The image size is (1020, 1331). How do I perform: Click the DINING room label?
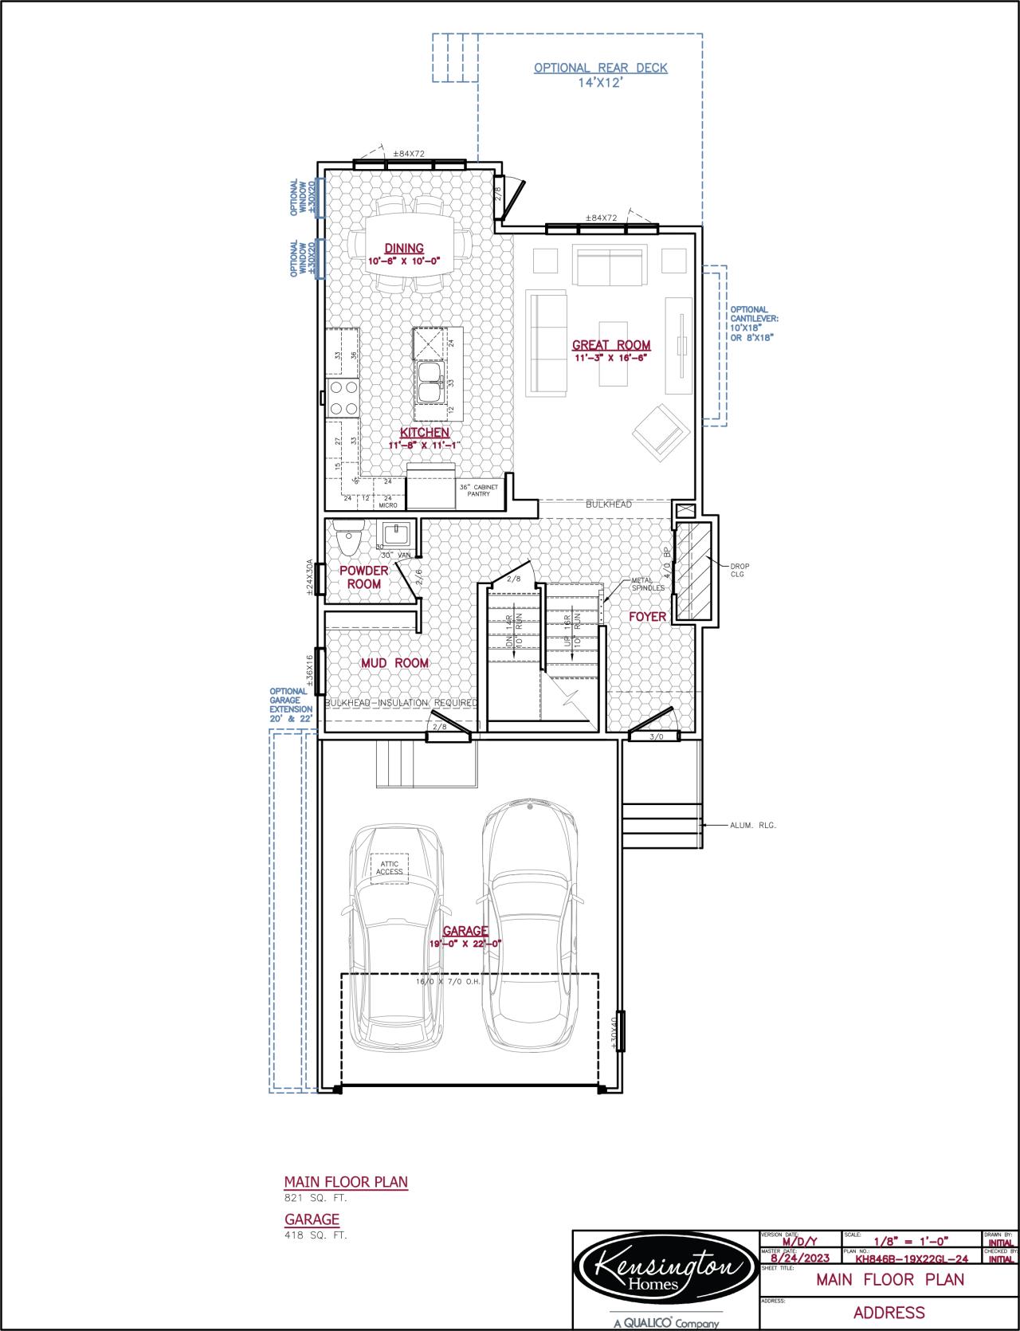pyautogui.click(x=404, y=249)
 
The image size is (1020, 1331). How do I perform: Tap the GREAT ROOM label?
pyautogui.click(x=611, y=345)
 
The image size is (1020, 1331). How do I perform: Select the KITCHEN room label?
pyautogui.click(x=424, y=433)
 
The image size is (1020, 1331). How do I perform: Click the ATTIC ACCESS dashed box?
pyautogui.click(x=390, y=868)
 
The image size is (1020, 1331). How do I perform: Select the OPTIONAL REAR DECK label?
pyautogui.click(x=601, y=69)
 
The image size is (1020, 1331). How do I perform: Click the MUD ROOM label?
pyautogui.click(x=394, y=663)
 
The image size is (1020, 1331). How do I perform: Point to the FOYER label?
pyautogui.click(x=647, y=617)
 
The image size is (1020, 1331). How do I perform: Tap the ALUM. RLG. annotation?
pyautogui.click(x=752, y=826)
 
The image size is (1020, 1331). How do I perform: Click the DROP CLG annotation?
pyautogui.click(x=739, y=570)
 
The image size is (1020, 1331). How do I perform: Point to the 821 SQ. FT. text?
pyautogui.click(x=316, y=1198)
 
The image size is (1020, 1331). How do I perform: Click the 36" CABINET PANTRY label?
pyautogui.click(x=478, y=490)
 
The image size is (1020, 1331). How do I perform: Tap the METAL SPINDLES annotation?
pyautogui.click(x=647, y=584)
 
